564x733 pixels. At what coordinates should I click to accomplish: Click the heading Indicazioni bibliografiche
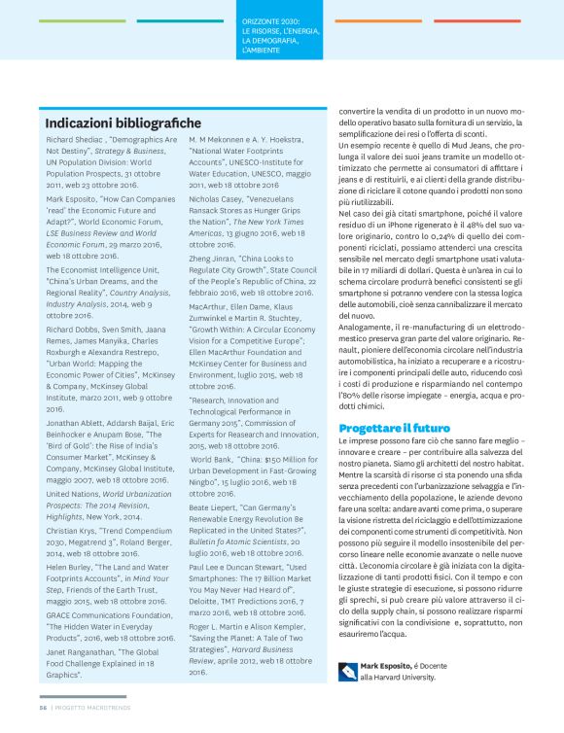[123, 123]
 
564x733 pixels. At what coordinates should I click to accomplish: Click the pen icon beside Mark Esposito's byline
[348, 668]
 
